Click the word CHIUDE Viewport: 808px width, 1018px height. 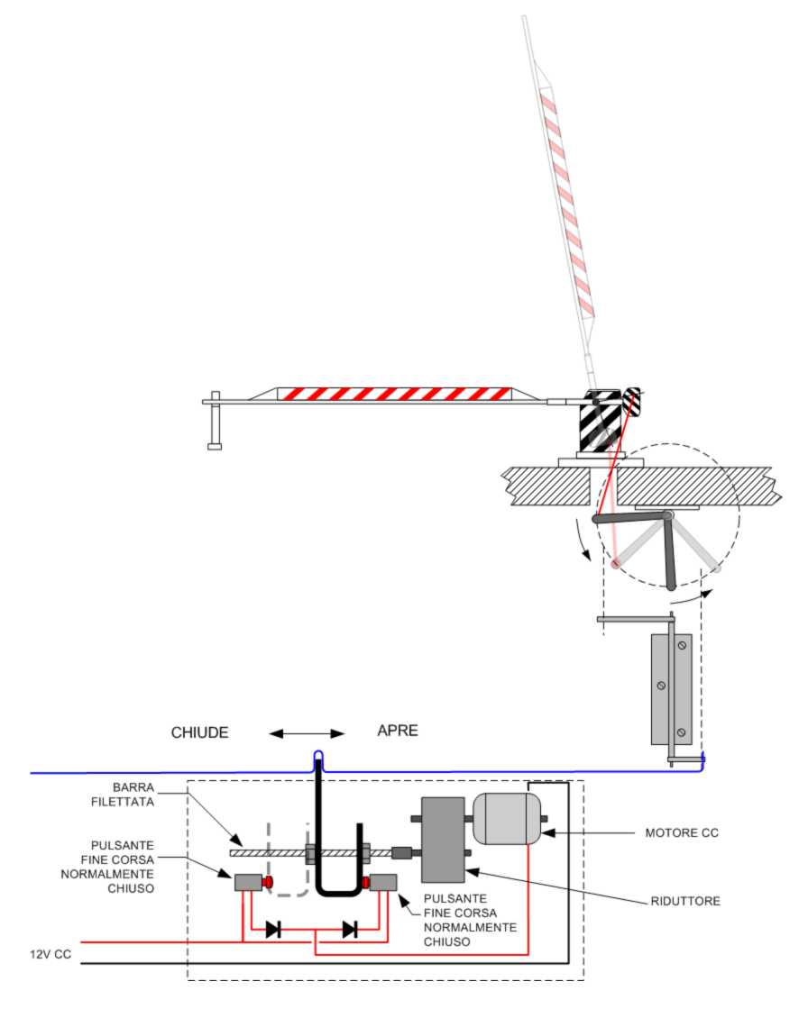pyautogui.click(x=199, y=732)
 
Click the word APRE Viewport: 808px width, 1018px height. pyautogui.click(x=398, y=730)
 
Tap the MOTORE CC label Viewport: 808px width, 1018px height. pyautogui.click(x=682, y=832)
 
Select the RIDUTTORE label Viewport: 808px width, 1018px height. pyautogui.click(x=685, y=901)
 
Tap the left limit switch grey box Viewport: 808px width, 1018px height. pyautogui.click(x=247, y=882)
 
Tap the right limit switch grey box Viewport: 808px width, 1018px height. pyautogui.click(x=383, y=881)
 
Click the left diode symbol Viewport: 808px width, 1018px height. pyautogui.click(x=273, y=930)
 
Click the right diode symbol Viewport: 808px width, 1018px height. pyautogui.click(x=350, y=930)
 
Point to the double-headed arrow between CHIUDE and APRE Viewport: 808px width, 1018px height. pyautogui.click(x=307, y=733)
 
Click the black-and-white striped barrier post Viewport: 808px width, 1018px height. pyautogui.click(x=600, y=423)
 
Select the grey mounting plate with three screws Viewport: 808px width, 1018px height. pyautogui.click(x=672, y=689)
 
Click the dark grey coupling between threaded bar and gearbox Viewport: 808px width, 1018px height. pyautogui.click(x=401, y=851)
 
